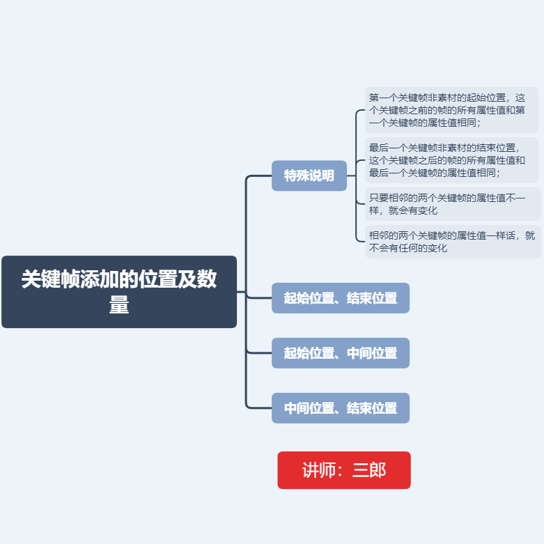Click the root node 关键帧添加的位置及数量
[119, 291]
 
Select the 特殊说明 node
[309, 176]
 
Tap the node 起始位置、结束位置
[340, 298]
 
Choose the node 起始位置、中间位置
[340, 353]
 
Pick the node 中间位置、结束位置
[340, 408]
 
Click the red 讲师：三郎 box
[344, 470]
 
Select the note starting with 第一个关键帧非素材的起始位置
[451, 110]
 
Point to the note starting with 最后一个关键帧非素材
[451, 160]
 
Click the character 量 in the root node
[119, 305]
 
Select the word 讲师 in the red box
[319, 470]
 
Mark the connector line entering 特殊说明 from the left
[259, 176]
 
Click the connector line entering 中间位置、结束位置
[259, 408]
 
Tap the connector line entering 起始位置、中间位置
[259, 353]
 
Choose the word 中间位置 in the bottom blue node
[308, 408]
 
